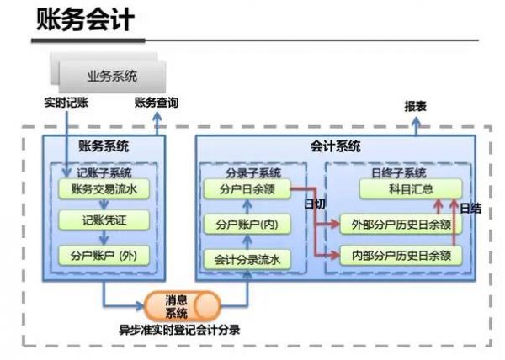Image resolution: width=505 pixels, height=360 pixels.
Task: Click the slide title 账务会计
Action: point(84,20)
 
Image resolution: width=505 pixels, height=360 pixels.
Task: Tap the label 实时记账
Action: point(66,103)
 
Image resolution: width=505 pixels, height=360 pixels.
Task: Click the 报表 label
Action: point(415,107)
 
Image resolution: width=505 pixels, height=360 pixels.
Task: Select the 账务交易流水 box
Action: point(104,190)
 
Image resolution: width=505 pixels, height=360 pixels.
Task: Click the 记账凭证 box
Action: point(104,221)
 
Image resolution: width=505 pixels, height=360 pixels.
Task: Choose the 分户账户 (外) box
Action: point(104,254)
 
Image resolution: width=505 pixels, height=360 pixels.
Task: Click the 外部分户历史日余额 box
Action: point(401,225)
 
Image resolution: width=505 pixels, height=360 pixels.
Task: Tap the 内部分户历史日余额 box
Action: point(401,255)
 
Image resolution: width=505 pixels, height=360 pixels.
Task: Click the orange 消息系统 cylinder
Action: point(177,306)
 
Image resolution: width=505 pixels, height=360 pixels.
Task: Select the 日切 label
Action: point(313,204)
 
